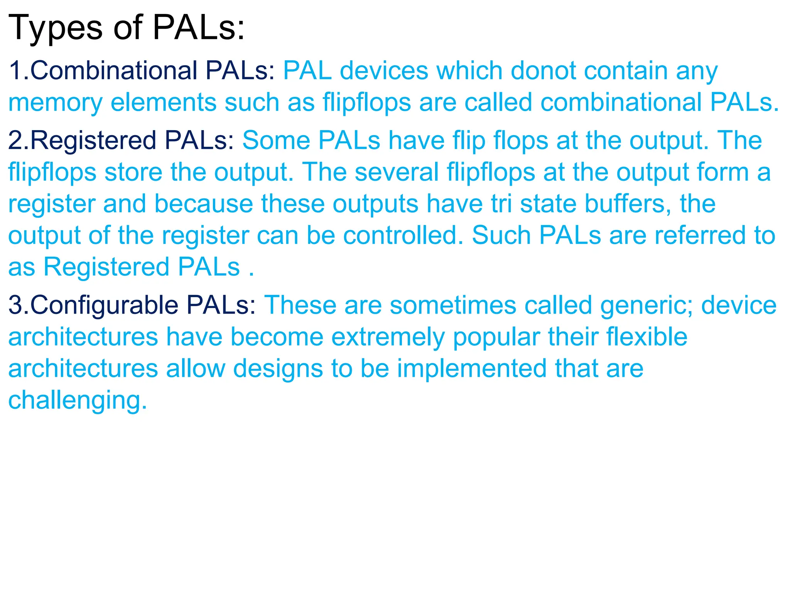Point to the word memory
[x=55, y=103]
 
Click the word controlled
[x=403, y=235]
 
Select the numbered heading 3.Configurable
[x=93, y=305]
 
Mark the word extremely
[x=388, y=337]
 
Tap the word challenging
[x=77, y=401]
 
